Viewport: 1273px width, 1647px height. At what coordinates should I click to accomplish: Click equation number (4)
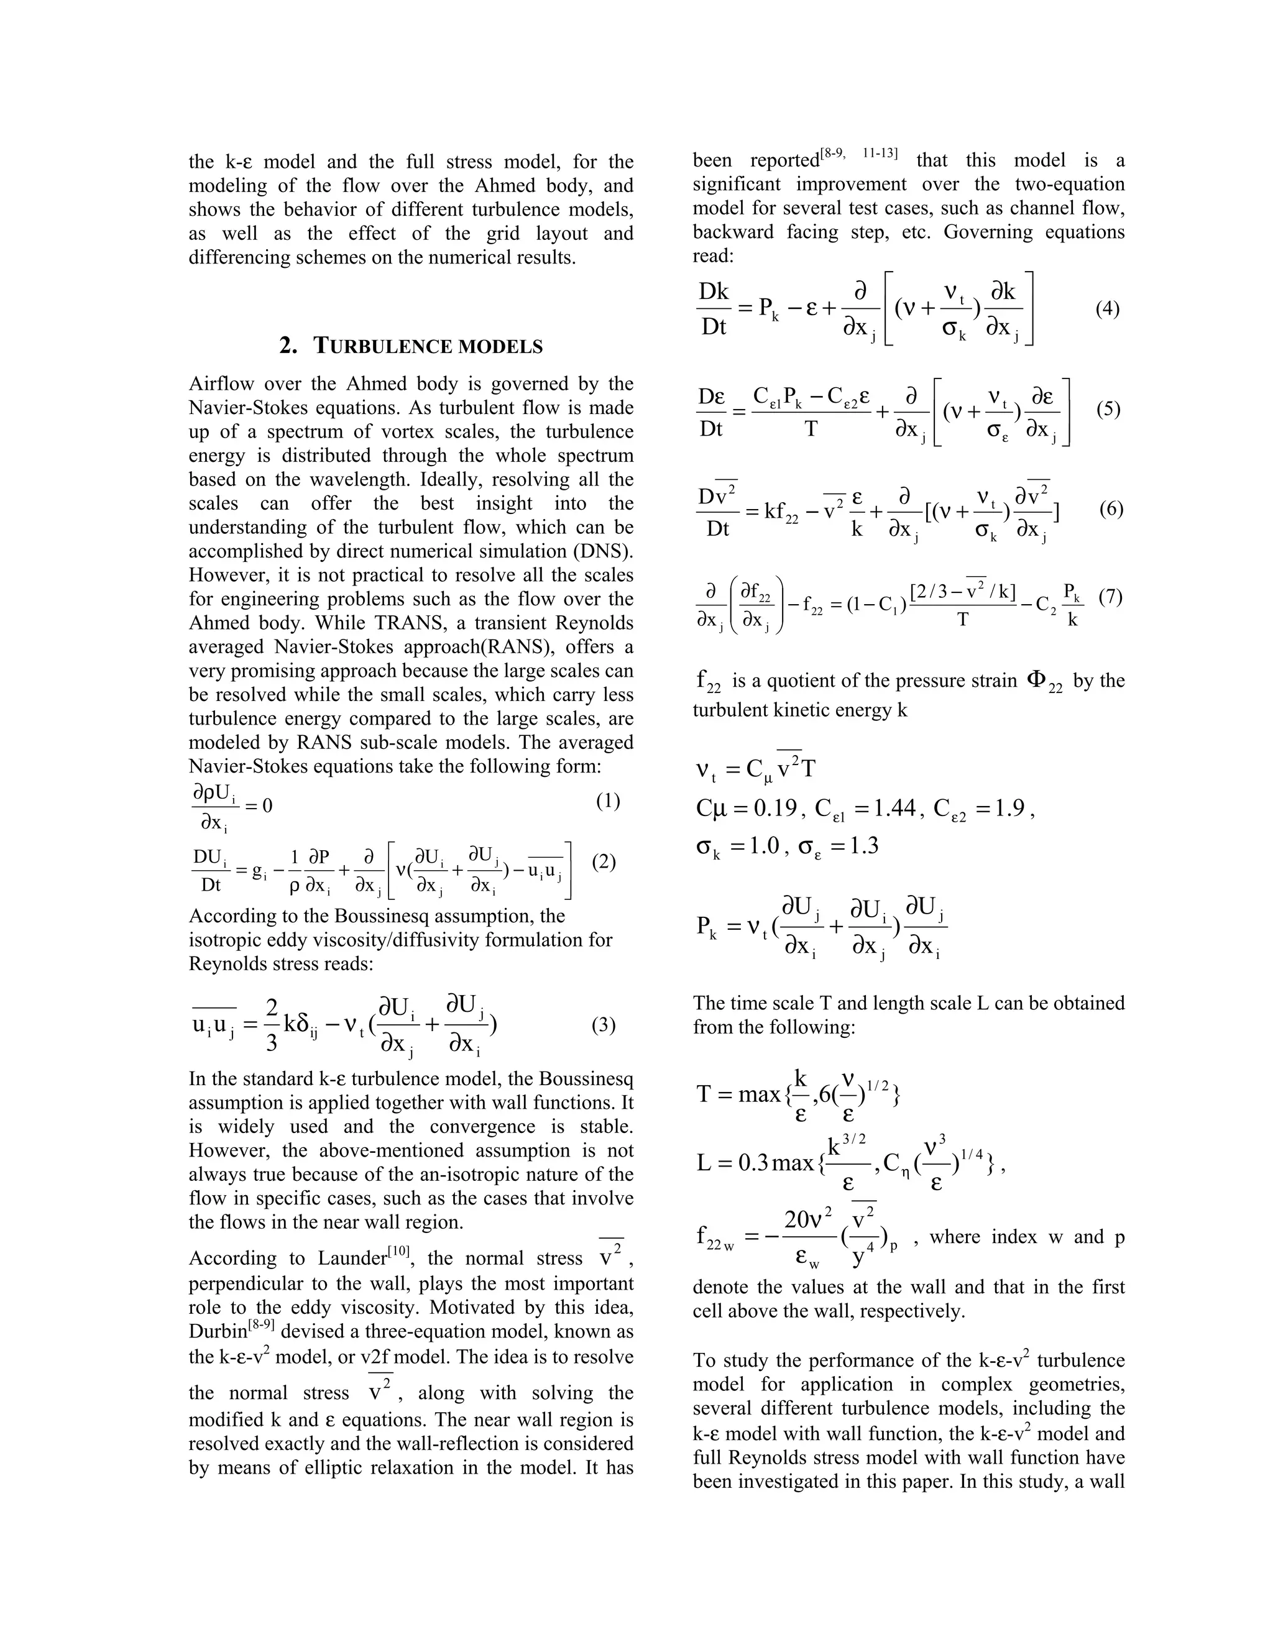[1107, 309]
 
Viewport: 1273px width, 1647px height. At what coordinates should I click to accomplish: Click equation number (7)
[1110, 597]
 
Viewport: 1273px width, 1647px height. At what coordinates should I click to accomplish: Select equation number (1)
[608, 801]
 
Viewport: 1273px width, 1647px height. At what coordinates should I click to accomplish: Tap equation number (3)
[604, 1025]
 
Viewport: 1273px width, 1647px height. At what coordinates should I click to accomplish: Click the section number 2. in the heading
[288, 346]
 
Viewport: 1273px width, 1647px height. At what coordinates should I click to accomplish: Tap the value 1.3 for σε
[863, 845]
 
